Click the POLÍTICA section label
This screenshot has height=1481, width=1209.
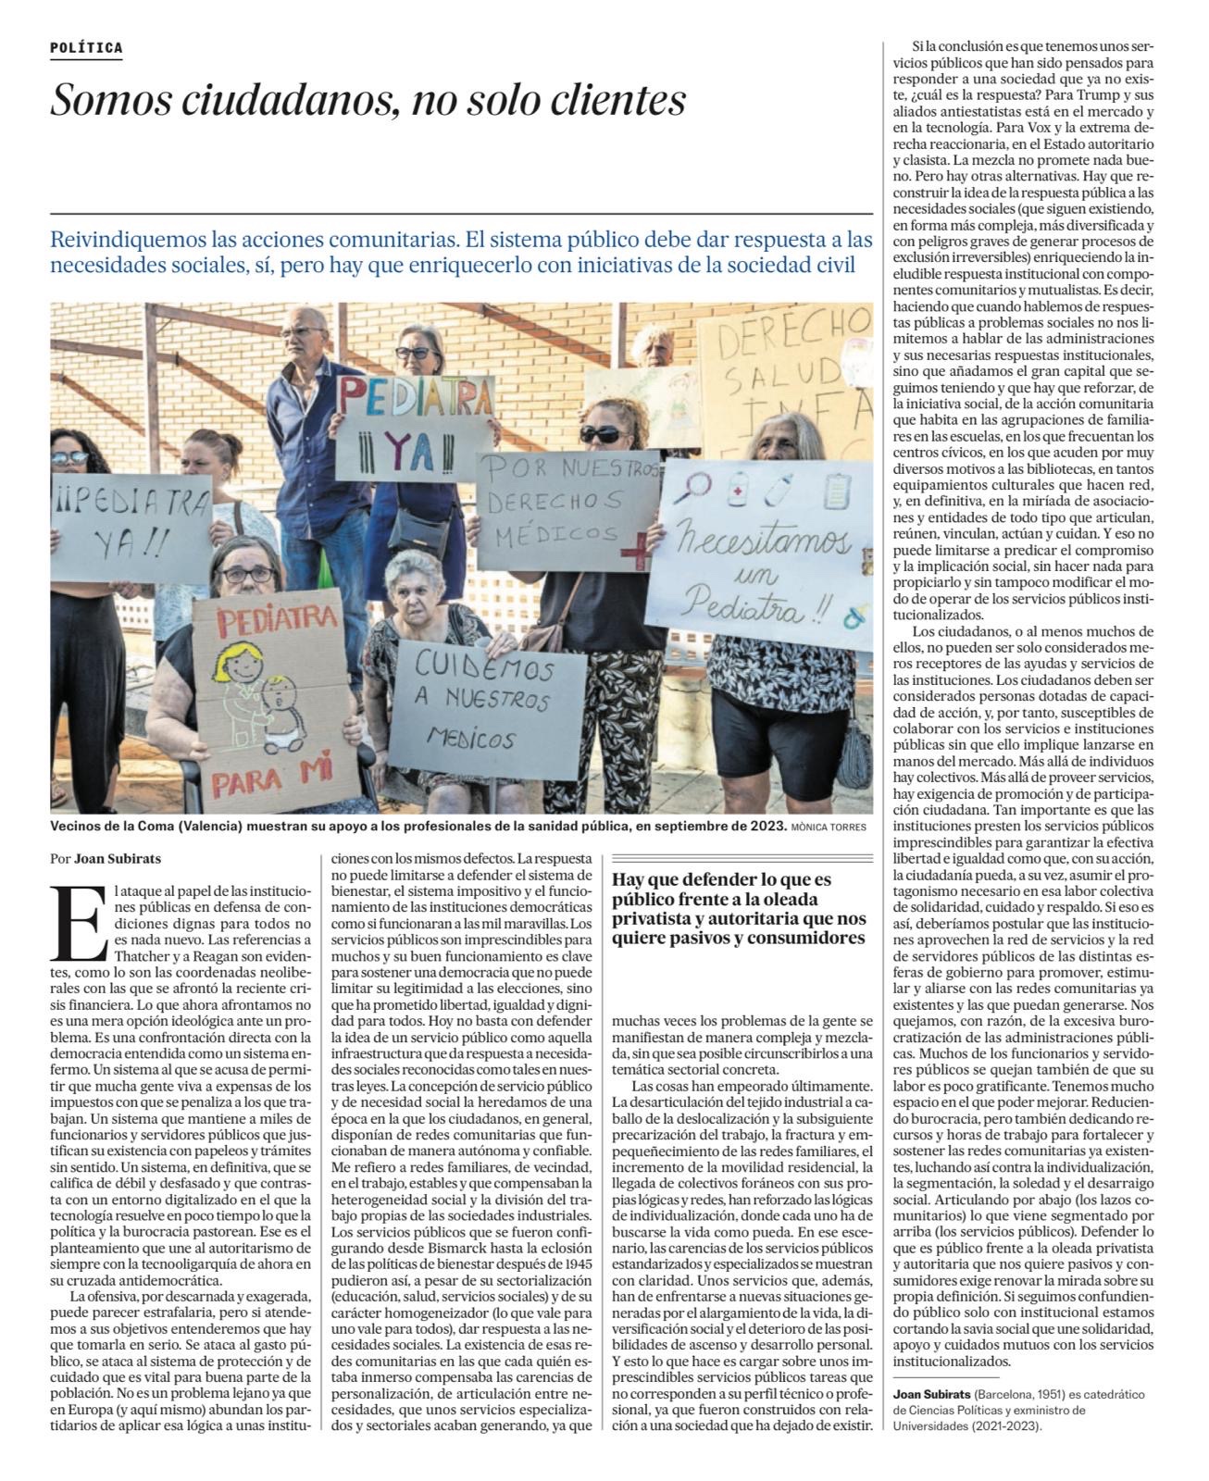coord(86,48)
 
